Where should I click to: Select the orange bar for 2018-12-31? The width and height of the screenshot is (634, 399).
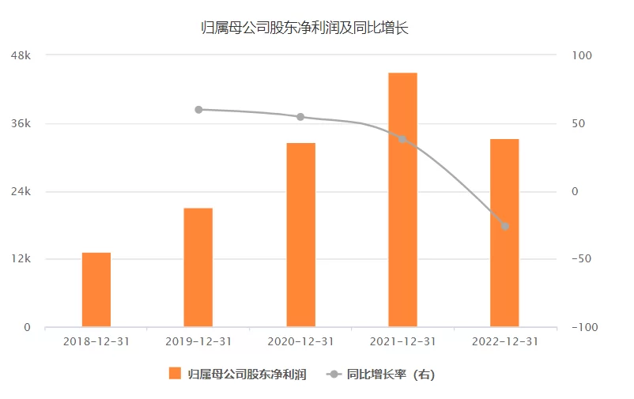click(x=96, y=289)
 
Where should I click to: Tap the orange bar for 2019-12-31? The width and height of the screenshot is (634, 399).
click(x=198, y=267)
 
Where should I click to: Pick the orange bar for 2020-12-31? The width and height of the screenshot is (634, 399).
click(x=300, y=235)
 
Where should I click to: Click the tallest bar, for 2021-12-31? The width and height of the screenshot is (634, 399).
click(x=402, y=199)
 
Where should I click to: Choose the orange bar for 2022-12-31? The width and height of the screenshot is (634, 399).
click(x=504, y=232)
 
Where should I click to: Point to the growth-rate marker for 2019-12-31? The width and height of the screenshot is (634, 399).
click(x=198, y=110)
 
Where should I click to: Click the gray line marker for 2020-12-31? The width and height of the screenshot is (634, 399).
click(x=300, y=117)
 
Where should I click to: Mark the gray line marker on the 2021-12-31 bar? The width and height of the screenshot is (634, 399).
click(x=402, y=139)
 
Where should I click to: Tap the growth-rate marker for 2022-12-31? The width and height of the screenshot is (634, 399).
click(x=504, y=226)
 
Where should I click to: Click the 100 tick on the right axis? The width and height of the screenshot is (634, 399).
click(x=580, y=55)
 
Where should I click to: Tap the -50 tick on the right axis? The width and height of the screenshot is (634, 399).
click(x=580, y=259)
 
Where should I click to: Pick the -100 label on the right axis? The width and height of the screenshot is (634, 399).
click(x=583, y=327)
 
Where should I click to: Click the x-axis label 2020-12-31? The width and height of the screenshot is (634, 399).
click(x=300, y=342)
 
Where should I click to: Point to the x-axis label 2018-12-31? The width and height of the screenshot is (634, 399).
click(x=96, y=342)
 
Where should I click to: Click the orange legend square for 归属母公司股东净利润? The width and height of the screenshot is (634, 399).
click(x=175, y=374)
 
